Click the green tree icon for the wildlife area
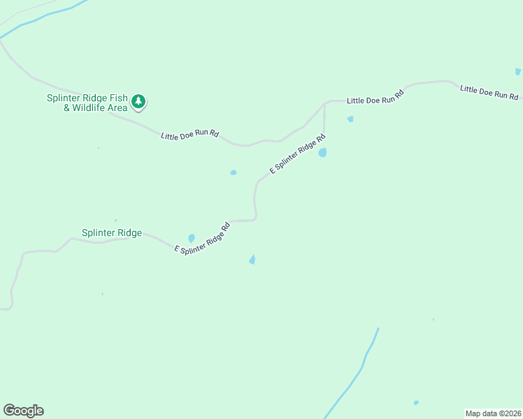pyautogui.click(x=139, y=102)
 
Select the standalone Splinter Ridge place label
pyautogui.click(x=112, y=233)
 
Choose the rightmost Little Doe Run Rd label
pyautogui.click(x=489, y=91)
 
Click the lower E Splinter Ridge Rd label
pyautogui.click(x=202, y=238)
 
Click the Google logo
pyautogui.click(x=23, y=411)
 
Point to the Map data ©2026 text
pyautogui.click(x=493, y=413)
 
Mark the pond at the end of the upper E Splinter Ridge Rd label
pyautogui.click(x=322, y=152)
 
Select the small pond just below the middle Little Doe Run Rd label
pyautogui.click(x=350, y=119)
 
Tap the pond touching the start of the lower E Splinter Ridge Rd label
pyautogui.click(x=191, y=238)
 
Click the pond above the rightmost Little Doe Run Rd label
pyautogui.click(x=518, y=71)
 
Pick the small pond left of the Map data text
pyautogui.click(x=416, y=403)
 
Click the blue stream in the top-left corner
pyautogui.click(x=42, y=20)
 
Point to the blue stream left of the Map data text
pyautogui.click(x=361, y=370)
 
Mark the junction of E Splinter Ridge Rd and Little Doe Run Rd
pyautogui.click(x=325, y=103)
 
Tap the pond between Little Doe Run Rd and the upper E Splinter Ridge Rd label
pyautogui.click(x=234, y=172)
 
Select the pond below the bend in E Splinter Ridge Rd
pyautogui.click(x=252, y=260)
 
